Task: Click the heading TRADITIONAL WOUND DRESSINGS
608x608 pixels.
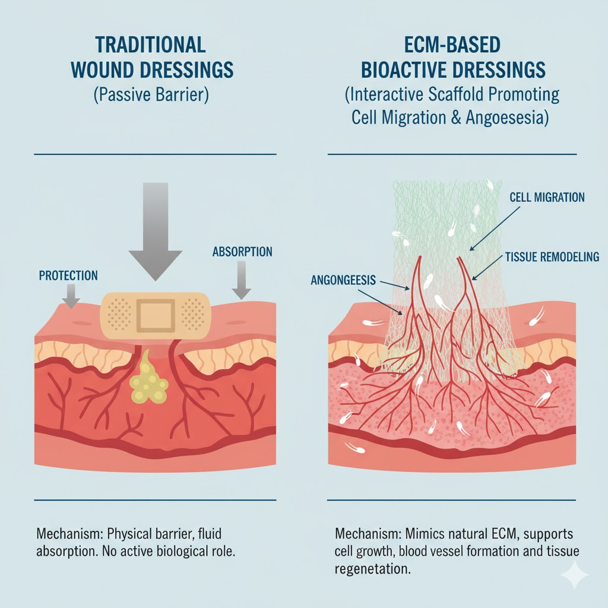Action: (151, 57)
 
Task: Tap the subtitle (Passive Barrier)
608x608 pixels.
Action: (151, 96)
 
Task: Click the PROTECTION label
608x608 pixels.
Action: (68, 275)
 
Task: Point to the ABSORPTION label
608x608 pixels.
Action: (242, 252)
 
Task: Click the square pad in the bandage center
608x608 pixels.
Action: (155, 315)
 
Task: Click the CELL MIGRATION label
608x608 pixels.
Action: (547, 197)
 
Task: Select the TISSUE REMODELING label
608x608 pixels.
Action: (552, 257)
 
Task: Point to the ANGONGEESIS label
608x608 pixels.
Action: (343, 280)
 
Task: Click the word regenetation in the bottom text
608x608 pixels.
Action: (372, 568)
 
